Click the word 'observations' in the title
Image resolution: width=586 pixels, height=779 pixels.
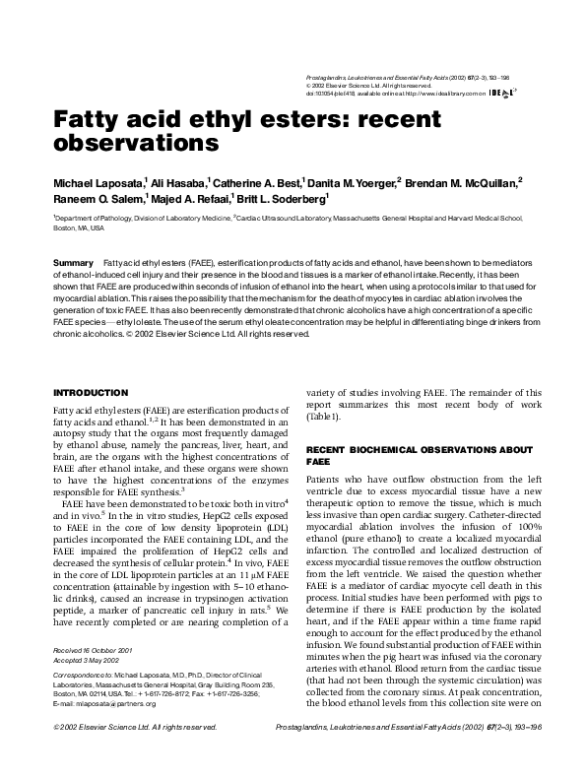(134, 143)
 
